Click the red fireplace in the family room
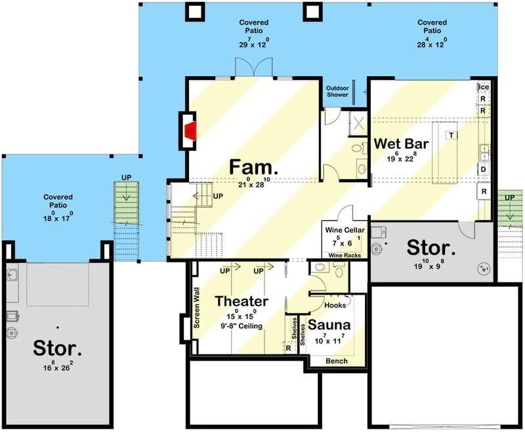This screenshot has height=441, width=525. (191, 131)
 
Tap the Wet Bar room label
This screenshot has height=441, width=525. (401, 144)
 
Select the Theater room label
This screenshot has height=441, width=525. (241, 301)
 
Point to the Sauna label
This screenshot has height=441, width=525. (329, 325)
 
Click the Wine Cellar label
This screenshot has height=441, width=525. (345, 230)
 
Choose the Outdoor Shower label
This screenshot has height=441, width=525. (337, 91)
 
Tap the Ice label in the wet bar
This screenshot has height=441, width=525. (484, 87)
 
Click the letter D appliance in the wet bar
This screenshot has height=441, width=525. (483, 169)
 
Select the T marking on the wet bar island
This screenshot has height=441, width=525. (451, 135)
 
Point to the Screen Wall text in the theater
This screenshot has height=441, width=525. (196, 308)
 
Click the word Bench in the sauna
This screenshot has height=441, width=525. (337, 361)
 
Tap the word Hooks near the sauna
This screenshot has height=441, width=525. (335, 305)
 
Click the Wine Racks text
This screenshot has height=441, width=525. (345, 255)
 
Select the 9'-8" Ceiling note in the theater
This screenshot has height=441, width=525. (241, 325)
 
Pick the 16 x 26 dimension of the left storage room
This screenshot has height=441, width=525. (58, 366)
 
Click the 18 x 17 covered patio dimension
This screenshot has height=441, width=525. (58, 217)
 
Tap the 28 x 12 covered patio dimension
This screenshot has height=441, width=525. (432, 43)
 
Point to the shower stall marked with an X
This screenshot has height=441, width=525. (358, 123)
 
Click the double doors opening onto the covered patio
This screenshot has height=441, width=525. (254, 67)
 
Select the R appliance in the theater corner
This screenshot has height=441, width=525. (289, 348)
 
